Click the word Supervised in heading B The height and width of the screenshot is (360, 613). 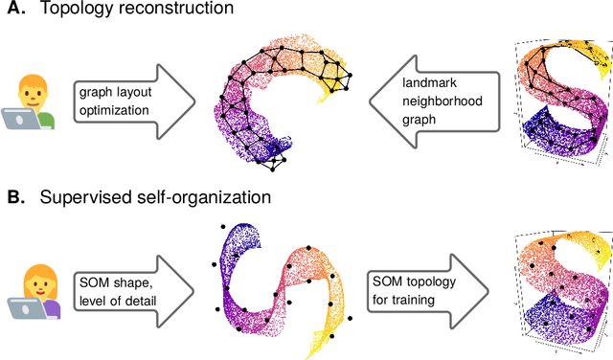tap(83, 199)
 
